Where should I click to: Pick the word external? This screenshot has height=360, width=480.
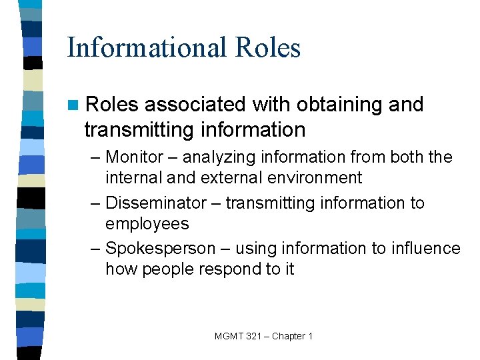pyautogui.click(x=206, y=178)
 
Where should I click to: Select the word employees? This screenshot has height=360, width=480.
pyautogui.click(x=147, y=224)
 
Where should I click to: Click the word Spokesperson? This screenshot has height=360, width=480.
pyautogui.click(x=160, y=249)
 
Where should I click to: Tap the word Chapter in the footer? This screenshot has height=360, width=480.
pyautogui.click(x=289, y=336)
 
